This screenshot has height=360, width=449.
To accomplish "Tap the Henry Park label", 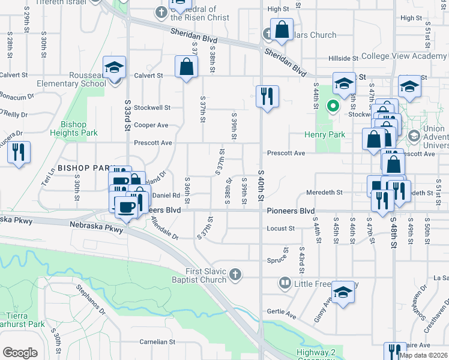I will (325, 134).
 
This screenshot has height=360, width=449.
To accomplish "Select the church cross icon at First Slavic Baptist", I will (235, 274).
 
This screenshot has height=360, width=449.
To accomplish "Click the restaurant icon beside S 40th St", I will (267, 96).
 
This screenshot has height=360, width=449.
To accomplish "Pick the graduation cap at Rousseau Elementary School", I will (113, 68).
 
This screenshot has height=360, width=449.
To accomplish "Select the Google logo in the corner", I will (20, 353).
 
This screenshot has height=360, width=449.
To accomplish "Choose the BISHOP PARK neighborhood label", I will (85, 169).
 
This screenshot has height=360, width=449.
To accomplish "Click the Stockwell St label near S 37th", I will (152, 108).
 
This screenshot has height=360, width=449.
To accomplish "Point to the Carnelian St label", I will (157, 341).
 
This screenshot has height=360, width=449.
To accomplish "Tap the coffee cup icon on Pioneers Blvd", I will (125, 208).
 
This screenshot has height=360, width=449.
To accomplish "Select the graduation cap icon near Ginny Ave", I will (343, 293).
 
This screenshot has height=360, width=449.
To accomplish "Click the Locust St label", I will (281, 229).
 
